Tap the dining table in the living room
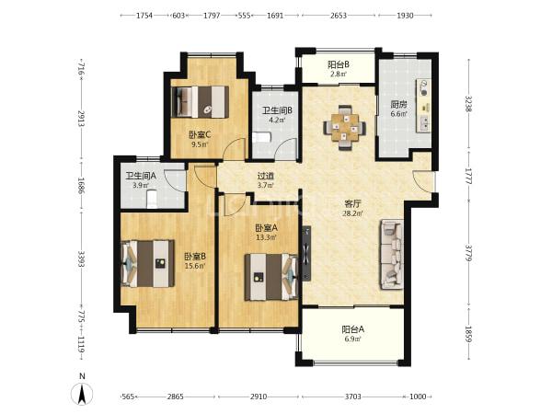pos(345,128)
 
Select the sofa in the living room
pos(392,255)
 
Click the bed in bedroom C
pos(200,102)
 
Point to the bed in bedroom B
pos(147,263)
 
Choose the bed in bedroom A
pos(271,278)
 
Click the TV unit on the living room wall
pos(306,253)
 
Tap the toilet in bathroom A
pos(152,199)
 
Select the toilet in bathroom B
pos(261,137)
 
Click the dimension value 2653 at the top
pos(339,16)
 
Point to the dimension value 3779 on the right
pos(468,254)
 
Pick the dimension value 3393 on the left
pos(81,259)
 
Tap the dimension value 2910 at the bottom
pos(259,397)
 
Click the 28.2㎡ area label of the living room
pos(352,213)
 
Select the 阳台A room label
pos(352,330)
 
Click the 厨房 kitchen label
pos(399,105)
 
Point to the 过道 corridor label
pos(266,176)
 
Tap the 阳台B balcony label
pos(339,64)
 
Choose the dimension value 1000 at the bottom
pos(418,397)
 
